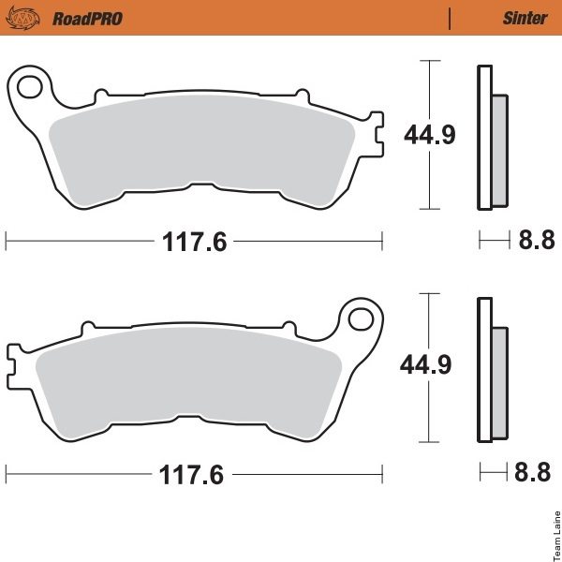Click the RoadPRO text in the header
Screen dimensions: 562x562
[x=87, y=19]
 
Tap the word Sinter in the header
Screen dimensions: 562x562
[x=525, y=19]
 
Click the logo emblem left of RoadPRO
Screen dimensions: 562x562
[x=22, y=18]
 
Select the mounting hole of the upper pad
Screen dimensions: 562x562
[x=29, y=86]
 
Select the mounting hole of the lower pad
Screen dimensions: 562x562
[x=361, y=319]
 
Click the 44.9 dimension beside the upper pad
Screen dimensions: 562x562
[x=430, y=135]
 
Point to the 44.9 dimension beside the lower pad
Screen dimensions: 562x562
[x=425, y=365]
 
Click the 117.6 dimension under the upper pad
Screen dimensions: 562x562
[x=195, y=242]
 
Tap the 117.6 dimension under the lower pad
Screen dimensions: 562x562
[x=191, y=475]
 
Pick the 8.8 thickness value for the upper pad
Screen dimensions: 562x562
[x=537, y=240]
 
